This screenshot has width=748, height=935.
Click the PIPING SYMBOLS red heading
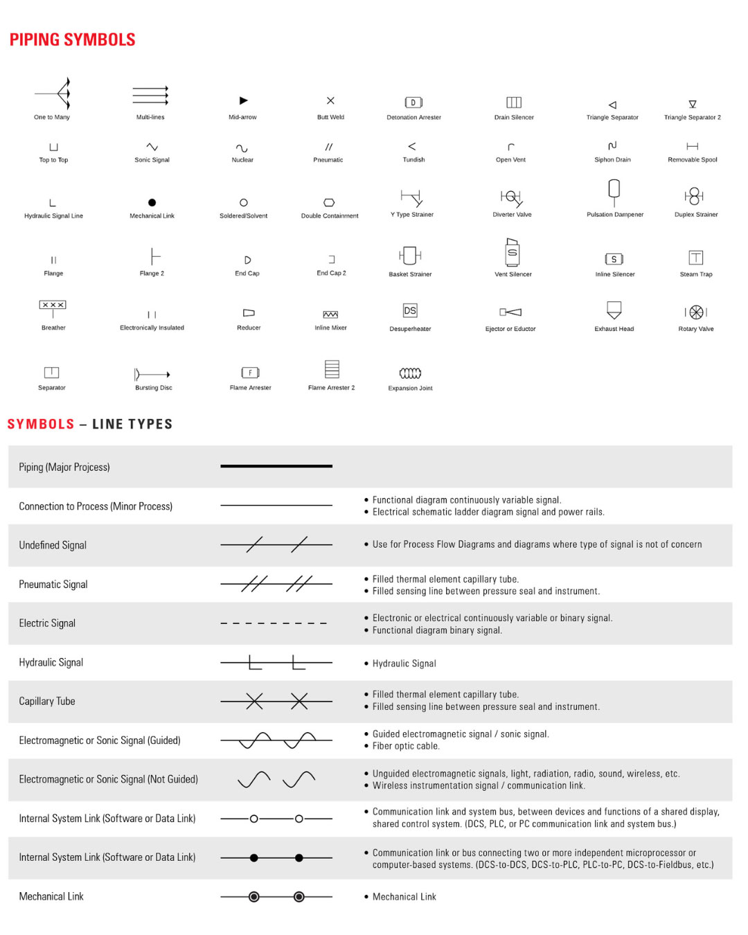[72, 39]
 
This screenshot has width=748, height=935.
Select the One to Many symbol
[55, 93]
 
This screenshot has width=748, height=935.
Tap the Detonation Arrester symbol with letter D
[413, 103]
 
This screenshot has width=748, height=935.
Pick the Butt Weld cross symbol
[330, 100]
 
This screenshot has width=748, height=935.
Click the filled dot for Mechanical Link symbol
[152, 202]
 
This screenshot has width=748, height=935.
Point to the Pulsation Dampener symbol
[614, 189]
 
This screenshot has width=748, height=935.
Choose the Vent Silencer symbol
[513, 252]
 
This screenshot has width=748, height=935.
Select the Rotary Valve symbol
[696, 312]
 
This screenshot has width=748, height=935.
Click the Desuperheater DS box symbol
[410, 310]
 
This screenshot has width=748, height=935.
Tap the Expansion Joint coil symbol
[410, 373]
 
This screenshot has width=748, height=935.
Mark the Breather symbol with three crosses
[53, 305]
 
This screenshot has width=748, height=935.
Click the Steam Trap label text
[696, 274]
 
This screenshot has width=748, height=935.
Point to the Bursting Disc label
[154, 388]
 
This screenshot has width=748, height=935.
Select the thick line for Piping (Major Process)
[276, 466]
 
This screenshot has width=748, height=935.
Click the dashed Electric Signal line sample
[274, 623]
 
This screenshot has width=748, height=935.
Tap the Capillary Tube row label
[47, 701]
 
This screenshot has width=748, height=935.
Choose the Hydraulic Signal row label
[51, 662]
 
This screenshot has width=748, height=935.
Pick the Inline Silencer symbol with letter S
[614, 259]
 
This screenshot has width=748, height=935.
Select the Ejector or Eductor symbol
[510, 312]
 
